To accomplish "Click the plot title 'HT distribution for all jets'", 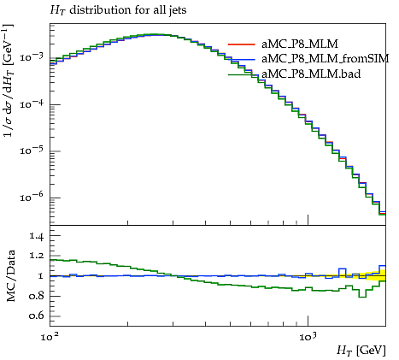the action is tap(118, 10).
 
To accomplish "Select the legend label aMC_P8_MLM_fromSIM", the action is tap(325, 59).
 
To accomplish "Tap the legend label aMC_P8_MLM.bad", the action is tap(311, 74).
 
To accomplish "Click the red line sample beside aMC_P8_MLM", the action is tap(241, 44).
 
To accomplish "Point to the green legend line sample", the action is tap(241, 74).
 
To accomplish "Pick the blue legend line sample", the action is tap(241, 59).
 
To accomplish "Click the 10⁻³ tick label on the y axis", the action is tap(31, 56).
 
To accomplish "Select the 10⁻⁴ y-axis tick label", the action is tap(31, 103).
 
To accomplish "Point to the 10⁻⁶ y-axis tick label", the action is tap(31, 197).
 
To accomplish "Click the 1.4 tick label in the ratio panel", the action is tap(36, 236).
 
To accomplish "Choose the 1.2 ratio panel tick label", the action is tap(36, 256).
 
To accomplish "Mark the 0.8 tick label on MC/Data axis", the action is tap(36, 296).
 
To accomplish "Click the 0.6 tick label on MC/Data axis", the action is tap(36, 316).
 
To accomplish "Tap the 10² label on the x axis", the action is tap(50, 337).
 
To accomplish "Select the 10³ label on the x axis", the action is tap(308, 337).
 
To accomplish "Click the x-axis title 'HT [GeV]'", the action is tap(361, 350).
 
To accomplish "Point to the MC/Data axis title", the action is tap(10, 275).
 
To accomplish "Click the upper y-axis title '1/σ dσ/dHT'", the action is tap(8, 80).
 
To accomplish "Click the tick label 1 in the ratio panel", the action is tap(40, 276).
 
